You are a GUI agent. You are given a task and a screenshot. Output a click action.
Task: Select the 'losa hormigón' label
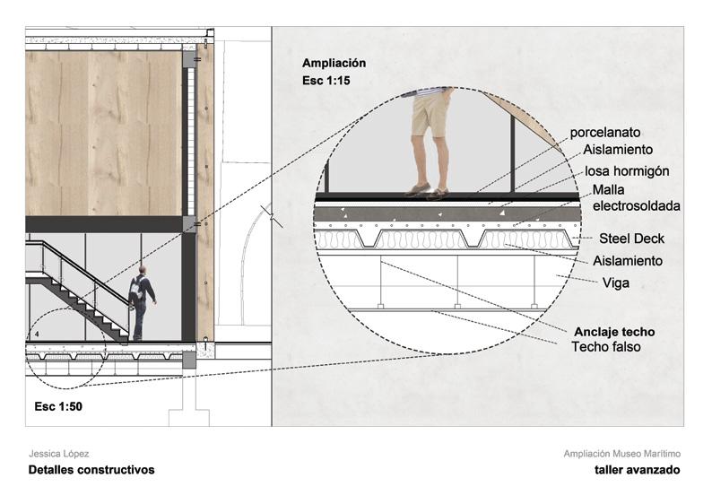626,170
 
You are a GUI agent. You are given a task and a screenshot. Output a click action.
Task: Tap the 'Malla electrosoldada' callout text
636,198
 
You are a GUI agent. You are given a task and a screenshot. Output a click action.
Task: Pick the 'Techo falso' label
606,346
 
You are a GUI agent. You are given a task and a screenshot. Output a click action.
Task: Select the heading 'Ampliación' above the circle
334,64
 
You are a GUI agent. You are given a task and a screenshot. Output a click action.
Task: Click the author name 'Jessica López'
59,455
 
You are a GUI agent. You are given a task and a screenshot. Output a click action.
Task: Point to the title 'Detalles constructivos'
91,470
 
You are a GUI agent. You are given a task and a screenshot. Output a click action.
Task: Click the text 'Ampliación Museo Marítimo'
621,455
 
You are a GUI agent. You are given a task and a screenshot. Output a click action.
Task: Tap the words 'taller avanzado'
637,470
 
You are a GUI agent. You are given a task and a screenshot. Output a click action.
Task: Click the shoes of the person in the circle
426,190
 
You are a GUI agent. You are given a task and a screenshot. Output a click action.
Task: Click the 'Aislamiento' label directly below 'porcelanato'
618,151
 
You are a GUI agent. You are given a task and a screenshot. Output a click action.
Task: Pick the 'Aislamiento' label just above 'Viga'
628,261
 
